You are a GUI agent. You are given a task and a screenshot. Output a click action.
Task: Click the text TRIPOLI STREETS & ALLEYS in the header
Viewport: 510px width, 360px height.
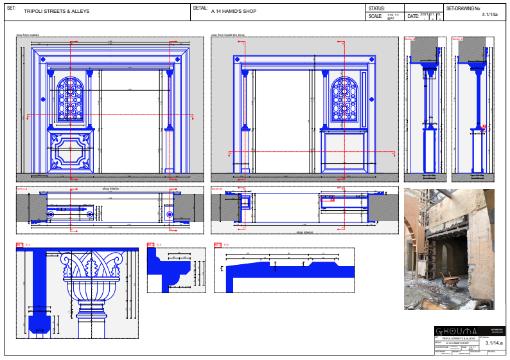point(56,12)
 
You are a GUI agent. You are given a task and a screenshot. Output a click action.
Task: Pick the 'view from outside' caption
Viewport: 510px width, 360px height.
point(28,35)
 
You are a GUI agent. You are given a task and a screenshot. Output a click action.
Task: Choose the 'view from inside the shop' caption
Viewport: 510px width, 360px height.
point(228,35)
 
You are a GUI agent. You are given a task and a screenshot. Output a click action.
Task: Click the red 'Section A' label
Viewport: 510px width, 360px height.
point(22,189)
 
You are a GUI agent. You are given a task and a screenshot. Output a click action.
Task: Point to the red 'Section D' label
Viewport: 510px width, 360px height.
point(457,39)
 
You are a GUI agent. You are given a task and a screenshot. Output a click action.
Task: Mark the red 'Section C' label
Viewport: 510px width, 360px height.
point(410,39)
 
